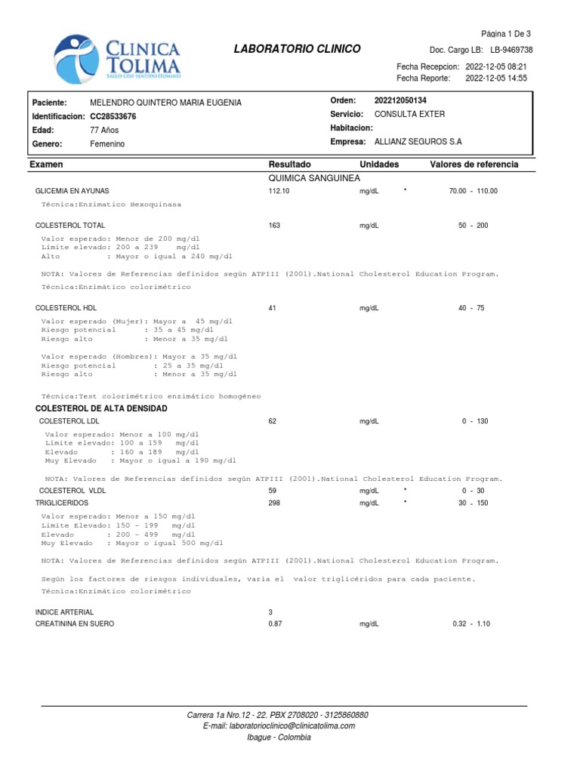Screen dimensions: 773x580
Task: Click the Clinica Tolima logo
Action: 118,59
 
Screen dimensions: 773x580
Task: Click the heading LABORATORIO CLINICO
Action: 297,49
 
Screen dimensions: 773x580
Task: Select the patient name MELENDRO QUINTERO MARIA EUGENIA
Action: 165,103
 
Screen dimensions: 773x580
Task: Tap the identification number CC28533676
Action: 113,116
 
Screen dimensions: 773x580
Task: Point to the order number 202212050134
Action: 406,100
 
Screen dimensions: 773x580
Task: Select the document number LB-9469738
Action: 511,49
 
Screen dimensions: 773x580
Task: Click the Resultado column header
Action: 289,165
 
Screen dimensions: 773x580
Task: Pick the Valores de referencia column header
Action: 474,165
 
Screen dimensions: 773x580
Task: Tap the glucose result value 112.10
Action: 279,191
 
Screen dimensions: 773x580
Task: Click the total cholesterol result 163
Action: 274,226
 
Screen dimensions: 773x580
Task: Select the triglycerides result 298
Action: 274,503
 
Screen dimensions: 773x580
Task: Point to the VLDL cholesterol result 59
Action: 273,491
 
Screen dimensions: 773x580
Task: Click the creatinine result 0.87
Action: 276,624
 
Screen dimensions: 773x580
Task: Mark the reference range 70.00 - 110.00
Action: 474,191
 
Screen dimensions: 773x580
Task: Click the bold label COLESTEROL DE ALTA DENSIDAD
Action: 102,408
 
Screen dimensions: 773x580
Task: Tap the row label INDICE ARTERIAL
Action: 65,611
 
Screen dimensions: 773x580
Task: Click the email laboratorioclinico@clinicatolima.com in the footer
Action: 279,726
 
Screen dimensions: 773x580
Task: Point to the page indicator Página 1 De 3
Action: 505,34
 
